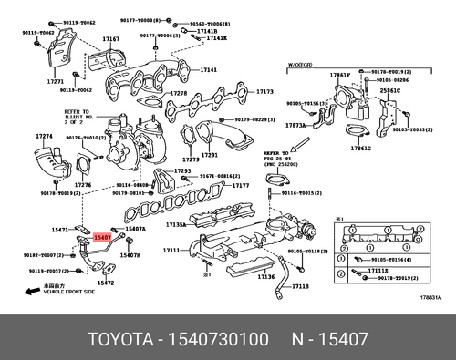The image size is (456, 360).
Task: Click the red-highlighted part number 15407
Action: [102, 236]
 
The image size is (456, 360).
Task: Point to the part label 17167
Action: [111, 39]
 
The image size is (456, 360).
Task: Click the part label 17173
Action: [264, 91]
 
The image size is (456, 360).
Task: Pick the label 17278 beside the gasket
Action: [179, 93]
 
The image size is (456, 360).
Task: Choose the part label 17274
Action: [45, 136]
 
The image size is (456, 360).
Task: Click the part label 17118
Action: [300, 286]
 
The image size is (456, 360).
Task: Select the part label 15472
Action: [106, 283]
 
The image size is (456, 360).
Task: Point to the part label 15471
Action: [61, 230]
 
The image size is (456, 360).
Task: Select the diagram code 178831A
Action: [430, 296]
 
